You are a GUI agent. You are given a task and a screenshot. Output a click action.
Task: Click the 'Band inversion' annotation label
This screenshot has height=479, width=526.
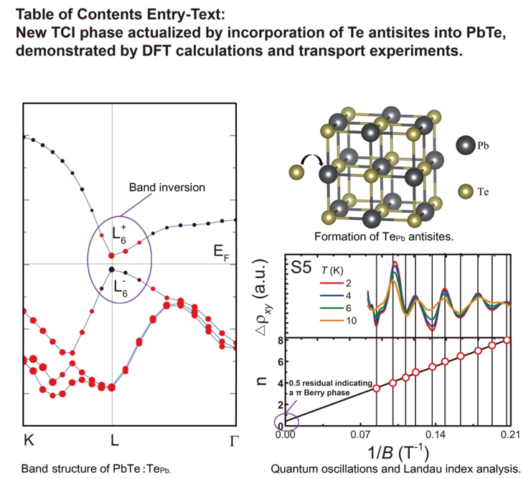[x=166, y=188]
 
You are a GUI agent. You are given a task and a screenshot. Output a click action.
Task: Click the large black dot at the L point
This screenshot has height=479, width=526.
[x=111, y=269]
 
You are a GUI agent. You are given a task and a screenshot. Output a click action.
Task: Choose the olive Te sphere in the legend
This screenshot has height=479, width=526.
[x=466, y=191]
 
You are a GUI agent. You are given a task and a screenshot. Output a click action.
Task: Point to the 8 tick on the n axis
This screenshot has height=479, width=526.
[x=279, y=340]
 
